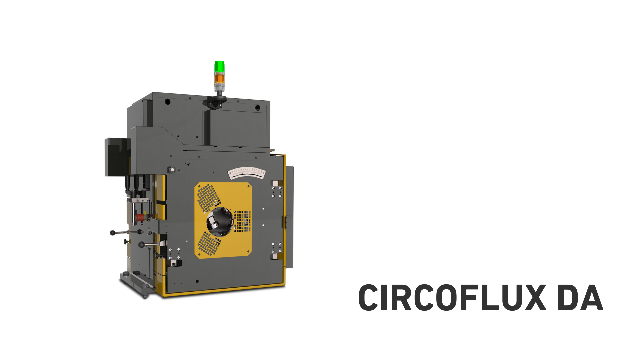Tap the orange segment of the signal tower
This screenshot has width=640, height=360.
pyautogui.click(x=219, y=79)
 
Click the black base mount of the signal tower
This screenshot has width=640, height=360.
pyautogui.click(x=215, y=102)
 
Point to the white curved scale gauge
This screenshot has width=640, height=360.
pyautogui.click(x=247, y=172)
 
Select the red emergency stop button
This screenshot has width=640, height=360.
pyautogui.click(x=140, y=218)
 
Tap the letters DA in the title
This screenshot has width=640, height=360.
pyautogui.click(x=580, y=298)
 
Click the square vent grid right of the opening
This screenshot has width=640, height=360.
pyautogui.click(x=243, y=221)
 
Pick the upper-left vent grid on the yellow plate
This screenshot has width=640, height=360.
pyautogui.click(x=209, y=198)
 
